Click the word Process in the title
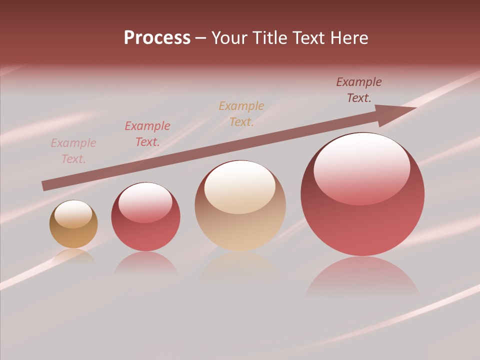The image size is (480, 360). (x=157, y=38)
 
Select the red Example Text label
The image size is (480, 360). (x=147, y=134)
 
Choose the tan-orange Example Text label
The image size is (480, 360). (x=241, y=114)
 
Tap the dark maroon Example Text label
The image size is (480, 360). (x=359, y=90)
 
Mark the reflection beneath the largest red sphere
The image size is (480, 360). (x=362, y=277)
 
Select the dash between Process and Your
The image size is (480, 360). (x=200, y=38)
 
